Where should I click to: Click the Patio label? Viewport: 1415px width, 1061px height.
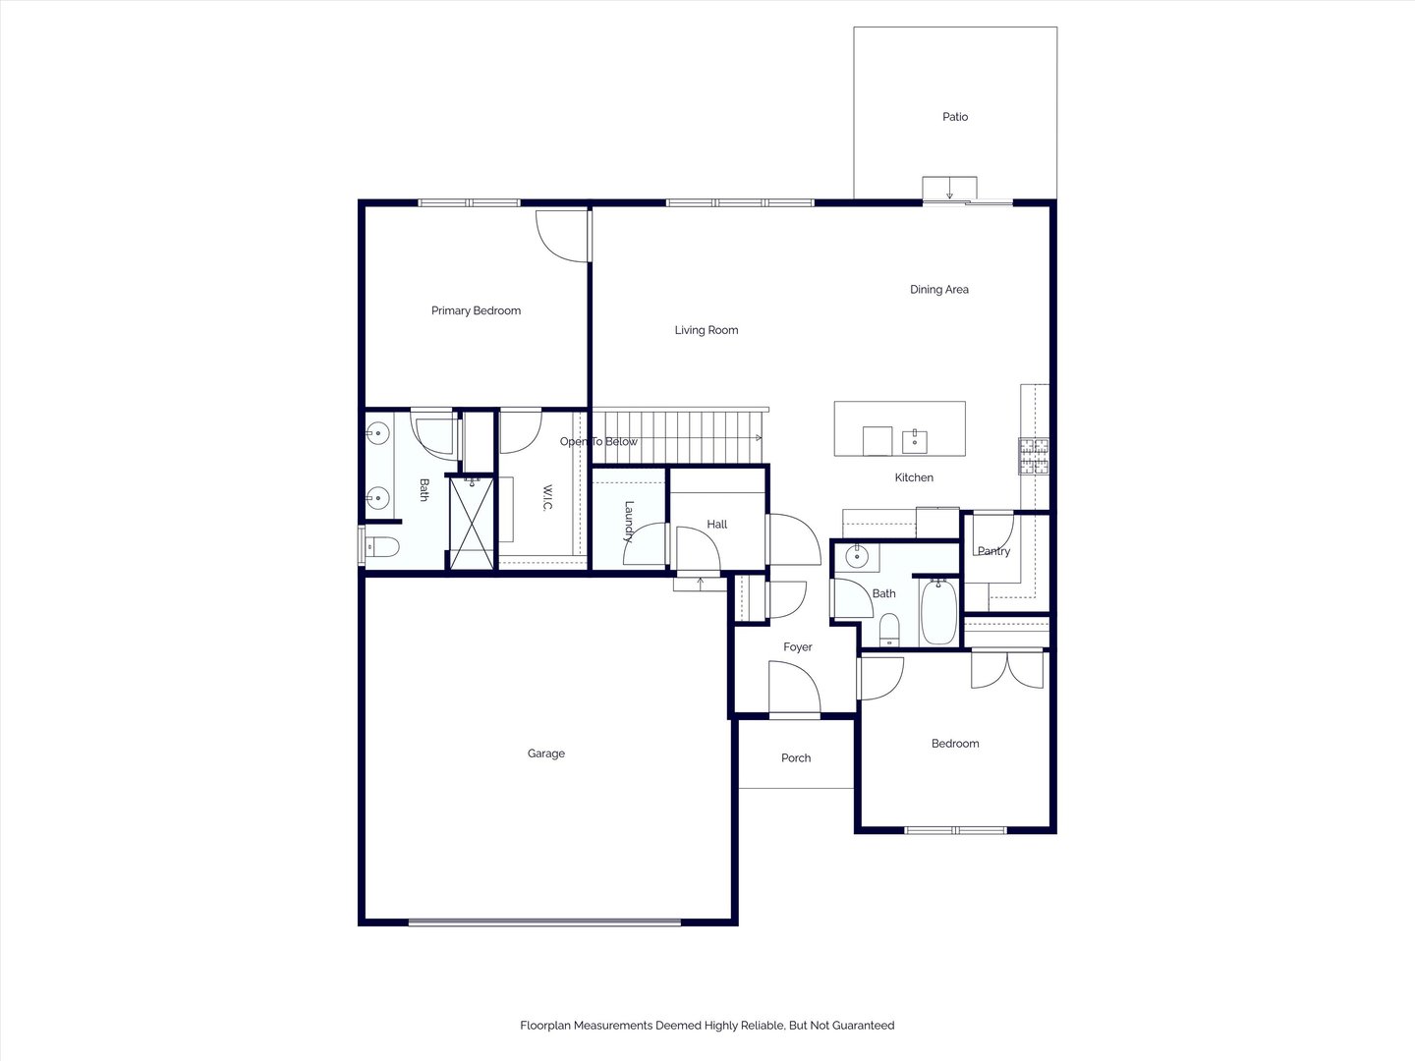(955, 117)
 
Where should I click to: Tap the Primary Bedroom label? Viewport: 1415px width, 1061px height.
(476, 310)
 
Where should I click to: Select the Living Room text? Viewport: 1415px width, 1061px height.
(706, 330)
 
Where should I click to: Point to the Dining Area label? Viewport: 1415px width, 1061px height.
(938, 289)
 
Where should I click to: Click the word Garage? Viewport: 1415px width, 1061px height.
(546, 754)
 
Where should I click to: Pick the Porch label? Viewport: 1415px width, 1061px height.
(796, 757)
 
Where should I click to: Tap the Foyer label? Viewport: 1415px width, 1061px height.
(798, 646)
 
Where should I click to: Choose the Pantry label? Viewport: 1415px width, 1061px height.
(993, 551)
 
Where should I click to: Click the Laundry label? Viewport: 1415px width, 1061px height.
(629, 522)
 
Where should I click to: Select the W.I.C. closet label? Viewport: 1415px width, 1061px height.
(547, 497)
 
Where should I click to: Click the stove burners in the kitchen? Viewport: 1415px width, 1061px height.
(1034, 456)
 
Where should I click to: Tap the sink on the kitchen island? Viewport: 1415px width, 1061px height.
(914, 441)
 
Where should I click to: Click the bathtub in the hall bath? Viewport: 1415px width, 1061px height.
(938, 611)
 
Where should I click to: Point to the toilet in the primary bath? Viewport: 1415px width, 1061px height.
(381, 547)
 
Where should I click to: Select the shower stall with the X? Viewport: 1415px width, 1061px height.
(472, 523)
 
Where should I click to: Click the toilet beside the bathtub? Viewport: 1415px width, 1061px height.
(889, 630)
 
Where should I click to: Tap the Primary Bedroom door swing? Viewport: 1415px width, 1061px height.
(562, 235)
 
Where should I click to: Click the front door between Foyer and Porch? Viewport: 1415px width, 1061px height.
(795, 689)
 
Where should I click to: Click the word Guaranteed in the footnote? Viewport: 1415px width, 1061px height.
(863, 1025)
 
